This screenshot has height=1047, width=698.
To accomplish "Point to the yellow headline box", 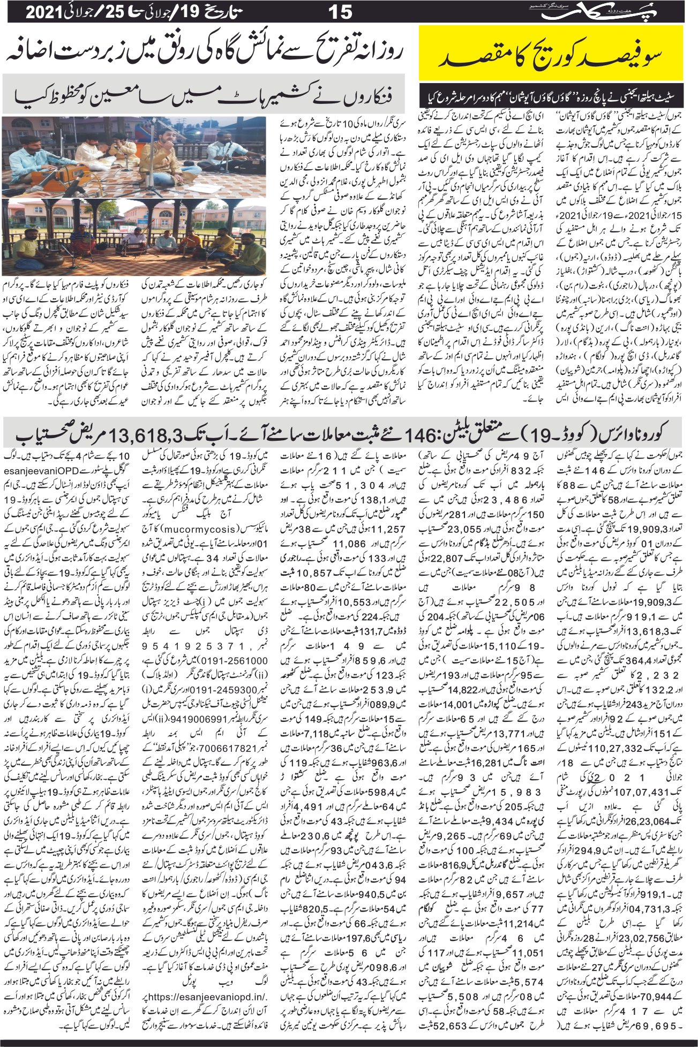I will (x=552, y=52).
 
